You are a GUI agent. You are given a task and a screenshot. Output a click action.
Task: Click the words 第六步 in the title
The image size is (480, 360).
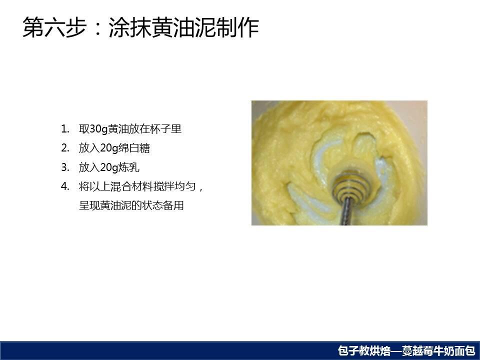[54, 27]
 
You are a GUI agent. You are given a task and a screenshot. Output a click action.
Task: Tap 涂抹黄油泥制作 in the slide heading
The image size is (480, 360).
[184, 27]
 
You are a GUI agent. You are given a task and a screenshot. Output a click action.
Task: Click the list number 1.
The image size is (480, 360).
[64, 129]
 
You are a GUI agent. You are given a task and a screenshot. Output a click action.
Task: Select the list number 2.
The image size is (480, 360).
[65, 148]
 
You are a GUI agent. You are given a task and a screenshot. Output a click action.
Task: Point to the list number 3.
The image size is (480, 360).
[65, 167]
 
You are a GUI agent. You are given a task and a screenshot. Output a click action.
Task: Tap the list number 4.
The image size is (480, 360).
[65, 186]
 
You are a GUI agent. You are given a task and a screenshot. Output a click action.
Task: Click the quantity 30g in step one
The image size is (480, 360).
[98, 129]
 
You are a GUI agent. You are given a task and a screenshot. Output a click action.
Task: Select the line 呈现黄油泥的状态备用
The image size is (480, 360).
[131, 205]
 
